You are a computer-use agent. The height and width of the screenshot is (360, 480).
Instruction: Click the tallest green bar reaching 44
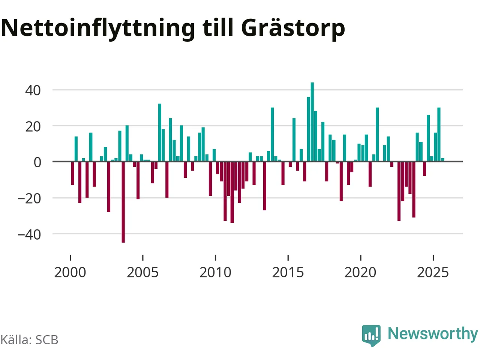coord(312,122)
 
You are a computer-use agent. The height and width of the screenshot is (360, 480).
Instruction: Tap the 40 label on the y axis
coord(33,90)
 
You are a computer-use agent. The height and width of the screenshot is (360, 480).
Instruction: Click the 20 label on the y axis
coord(33,126)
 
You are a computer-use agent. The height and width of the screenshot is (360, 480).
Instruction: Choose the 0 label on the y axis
coord(37,162)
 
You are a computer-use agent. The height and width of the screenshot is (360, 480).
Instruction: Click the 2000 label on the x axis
coord(70,272)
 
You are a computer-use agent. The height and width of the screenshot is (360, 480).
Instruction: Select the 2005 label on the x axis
coord(142,272)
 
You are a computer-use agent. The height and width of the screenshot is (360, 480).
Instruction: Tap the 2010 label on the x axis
coord(215,272)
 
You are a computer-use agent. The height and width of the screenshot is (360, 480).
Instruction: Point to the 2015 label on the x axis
coord(288,272)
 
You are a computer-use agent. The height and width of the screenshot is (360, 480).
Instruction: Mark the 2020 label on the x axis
coord(360,272)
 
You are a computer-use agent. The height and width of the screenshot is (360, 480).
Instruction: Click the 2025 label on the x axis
coord(433,272)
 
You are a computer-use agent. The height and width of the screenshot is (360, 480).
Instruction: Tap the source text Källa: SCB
coord(29,340)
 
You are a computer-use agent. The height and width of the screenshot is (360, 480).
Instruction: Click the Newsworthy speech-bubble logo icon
coord(371,335)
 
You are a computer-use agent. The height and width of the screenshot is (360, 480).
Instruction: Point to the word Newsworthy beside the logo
coord(433,333)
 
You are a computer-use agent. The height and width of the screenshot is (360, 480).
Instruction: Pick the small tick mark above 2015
coord(288,257)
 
